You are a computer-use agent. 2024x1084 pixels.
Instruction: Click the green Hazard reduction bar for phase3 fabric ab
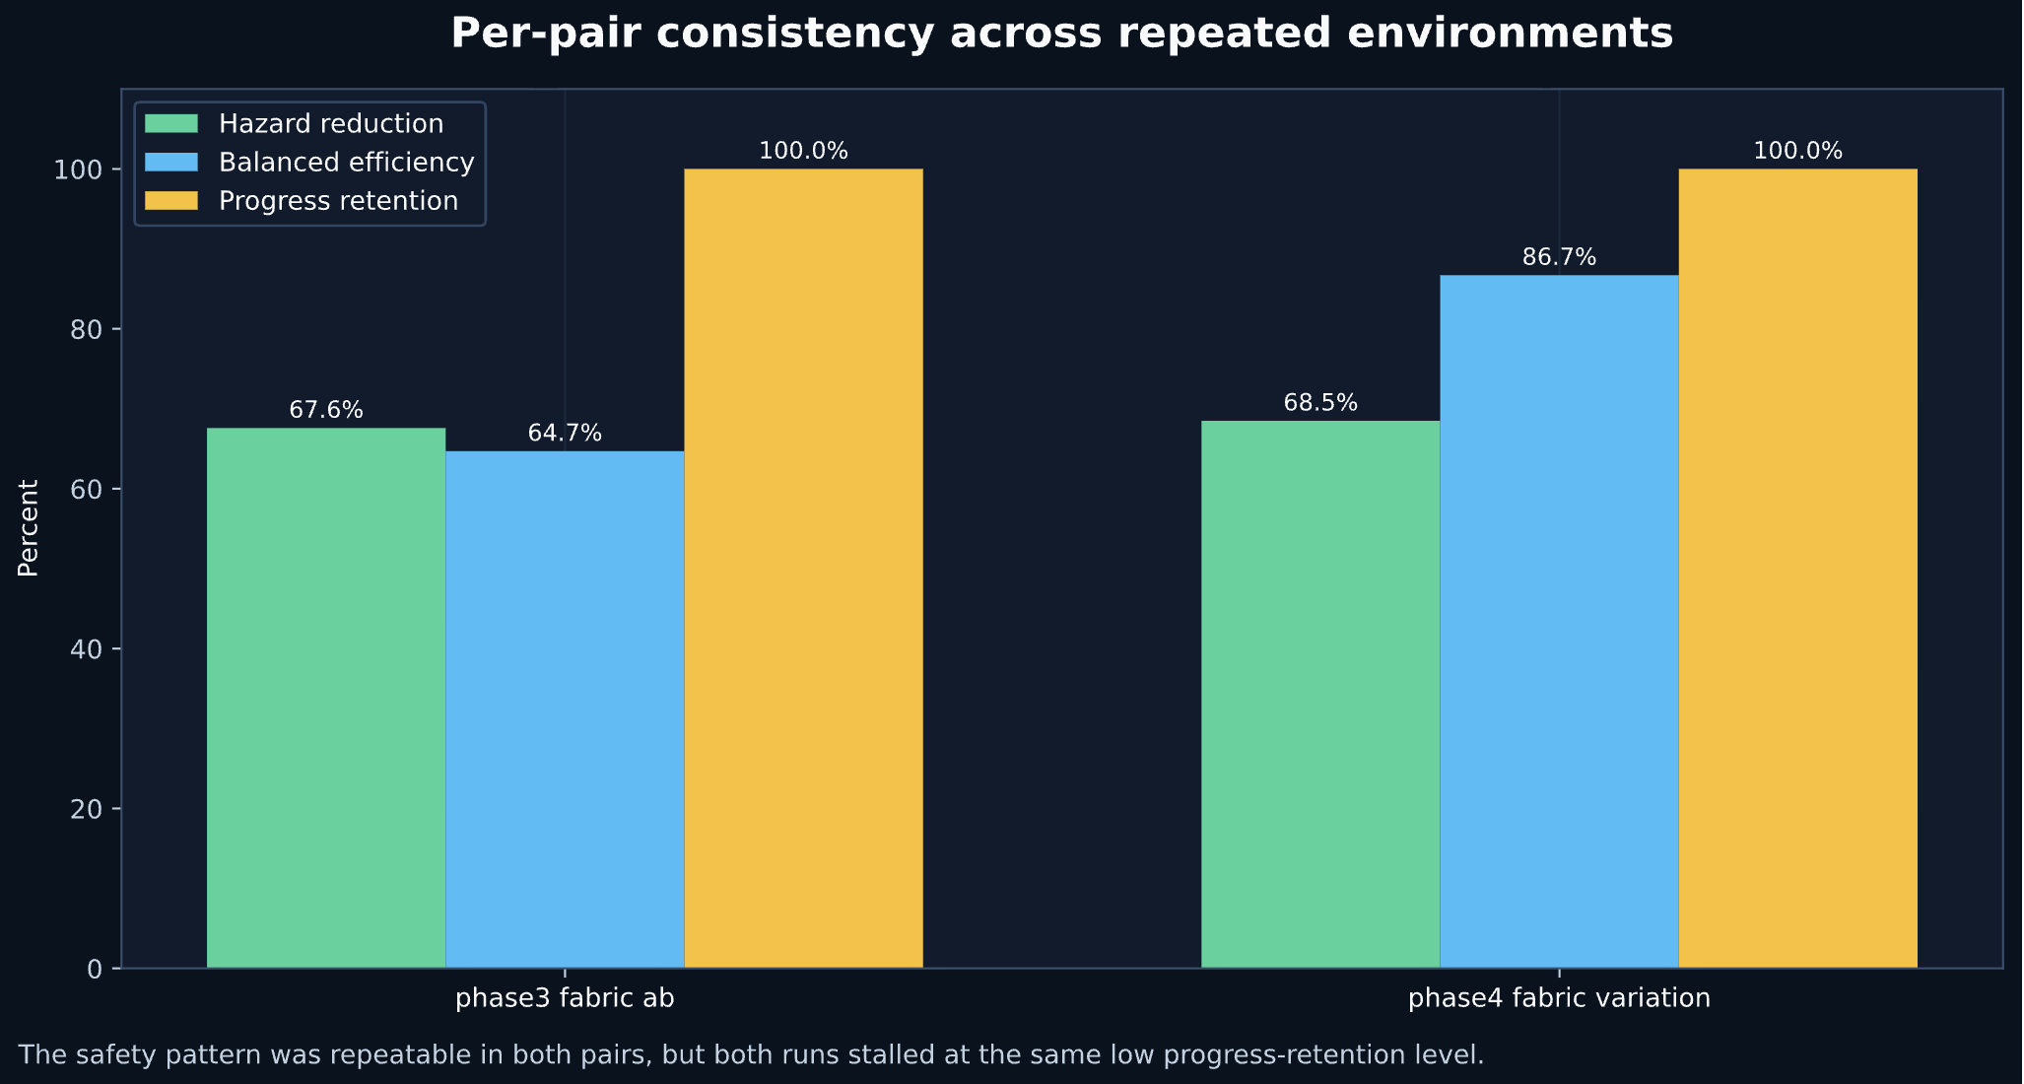[x=325, y=698]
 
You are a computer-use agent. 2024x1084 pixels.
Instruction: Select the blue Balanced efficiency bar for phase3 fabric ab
[x=565, y=710]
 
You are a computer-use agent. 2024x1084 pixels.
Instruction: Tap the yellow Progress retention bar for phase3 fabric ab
[x=803, y=569]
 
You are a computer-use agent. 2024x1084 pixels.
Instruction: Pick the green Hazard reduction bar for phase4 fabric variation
[x=1320, y=695]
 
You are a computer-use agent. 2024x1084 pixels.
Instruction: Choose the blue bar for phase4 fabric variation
[x=1559, y=622]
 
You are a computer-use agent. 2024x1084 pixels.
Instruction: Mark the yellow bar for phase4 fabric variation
[x=1797, y=569]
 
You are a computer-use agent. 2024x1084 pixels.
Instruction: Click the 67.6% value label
[x=326, y=410]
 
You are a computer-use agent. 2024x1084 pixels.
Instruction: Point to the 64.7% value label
[x=565, y=434]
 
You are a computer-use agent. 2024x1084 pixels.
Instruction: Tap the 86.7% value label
[x=1559, y=258]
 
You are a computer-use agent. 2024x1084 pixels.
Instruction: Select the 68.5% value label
[x=1320, y=403]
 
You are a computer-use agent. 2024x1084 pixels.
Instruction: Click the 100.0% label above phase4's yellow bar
[x=1797, y=152]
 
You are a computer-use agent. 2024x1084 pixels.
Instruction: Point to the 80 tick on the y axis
[x=89, y=329]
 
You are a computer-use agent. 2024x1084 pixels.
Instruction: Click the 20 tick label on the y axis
[x=89, y=809]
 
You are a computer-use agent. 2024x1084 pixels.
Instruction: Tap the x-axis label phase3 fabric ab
[x=565, y=998]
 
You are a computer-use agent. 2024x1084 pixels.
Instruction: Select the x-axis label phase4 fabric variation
[x=1559, y=998]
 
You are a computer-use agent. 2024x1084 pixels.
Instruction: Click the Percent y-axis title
[x=29, y=528]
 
